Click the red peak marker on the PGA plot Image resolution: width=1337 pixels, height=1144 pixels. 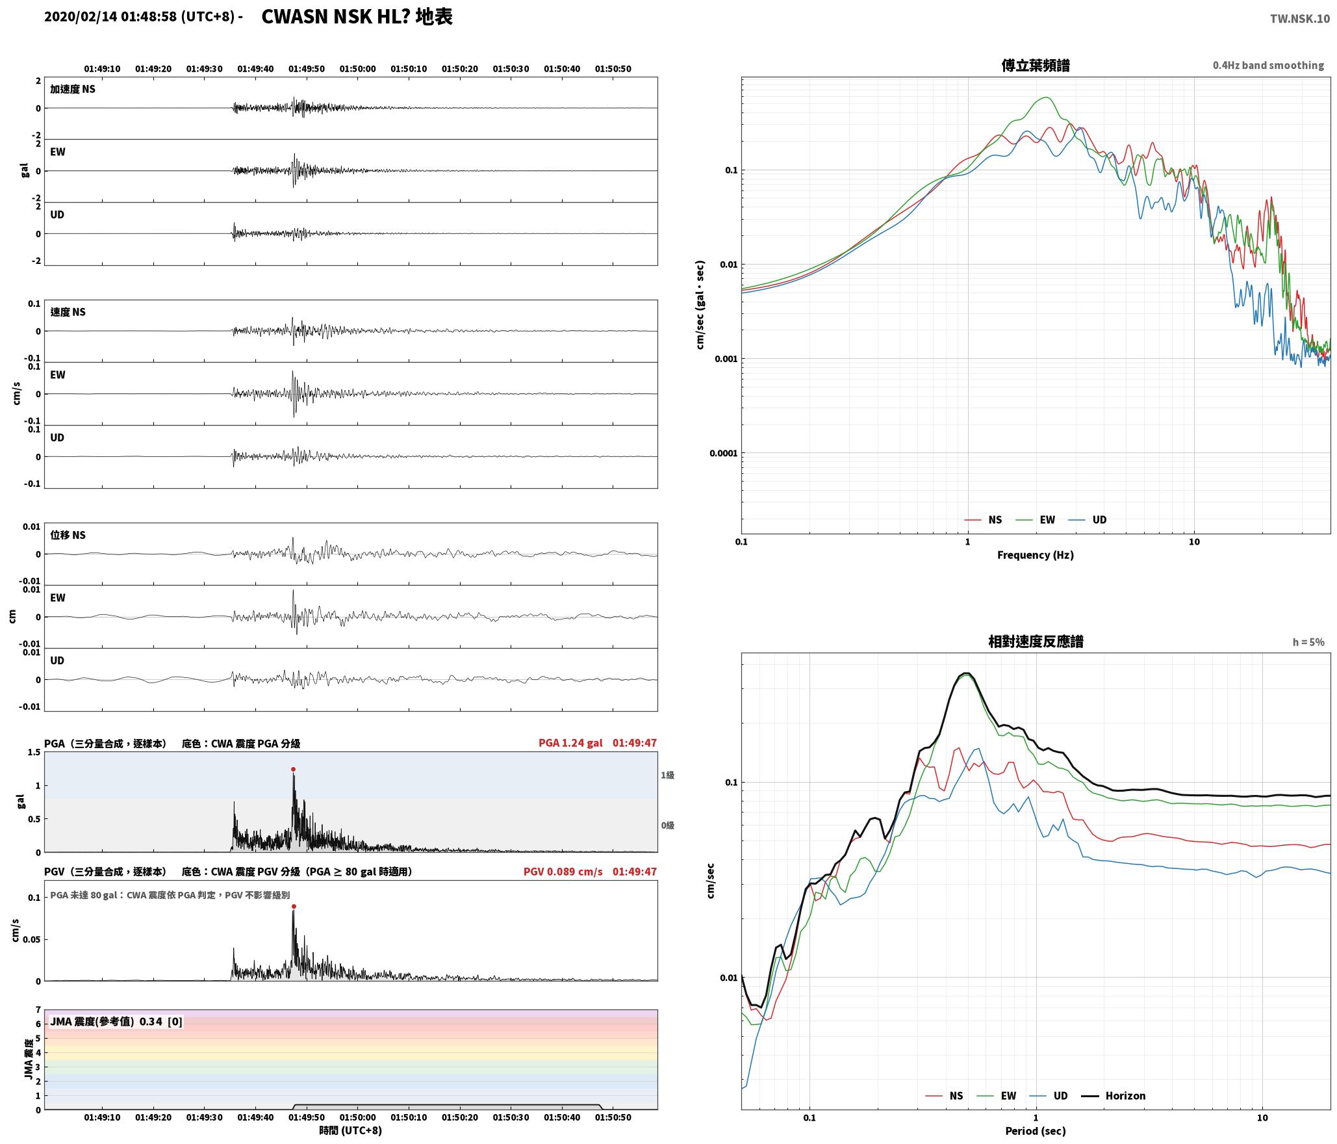(x=293, y=769)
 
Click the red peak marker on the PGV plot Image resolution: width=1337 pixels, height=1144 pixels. (x=294, y=906)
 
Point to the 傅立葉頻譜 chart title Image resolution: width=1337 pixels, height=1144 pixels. (x=1036, y=65)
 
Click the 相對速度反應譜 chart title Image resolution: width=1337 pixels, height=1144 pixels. (x=1036, y=641)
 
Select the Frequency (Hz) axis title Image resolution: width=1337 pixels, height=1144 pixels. (x=1036, y=554)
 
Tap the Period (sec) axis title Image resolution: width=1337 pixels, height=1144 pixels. (x=1036, y=1130)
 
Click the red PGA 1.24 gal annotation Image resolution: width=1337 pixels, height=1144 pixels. (x=570, y=742)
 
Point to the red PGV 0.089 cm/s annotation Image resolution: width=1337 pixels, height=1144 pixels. (x=563, y=871)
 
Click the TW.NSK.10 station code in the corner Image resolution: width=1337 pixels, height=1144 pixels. (x=1300, y=19)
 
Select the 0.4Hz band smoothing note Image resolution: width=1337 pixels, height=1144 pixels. (x=1268, y=65)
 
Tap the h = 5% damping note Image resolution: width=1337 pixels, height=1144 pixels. (x=1308, y=642)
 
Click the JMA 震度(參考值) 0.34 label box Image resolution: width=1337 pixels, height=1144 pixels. (x=116, y=1021)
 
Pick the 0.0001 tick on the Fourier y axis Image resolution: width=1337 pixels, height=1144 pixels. (x=724, y=453)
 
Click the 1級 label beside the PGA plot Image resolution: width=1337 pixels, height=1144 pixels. (x=668, y=775)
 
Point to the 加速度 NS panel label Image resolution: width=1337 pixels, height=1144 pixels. (x=73, y=89)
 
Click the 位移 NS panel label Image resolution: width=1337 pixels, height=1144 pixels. (x=68, y=535)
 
